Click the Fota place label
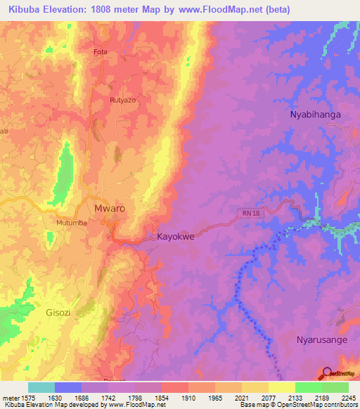(101, 52)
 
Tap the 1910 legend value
(188, 396)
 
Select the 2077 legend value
(268, 396)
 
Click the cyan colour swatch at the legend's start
(41, 387)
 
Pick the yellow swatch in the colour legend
(282, 387)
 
